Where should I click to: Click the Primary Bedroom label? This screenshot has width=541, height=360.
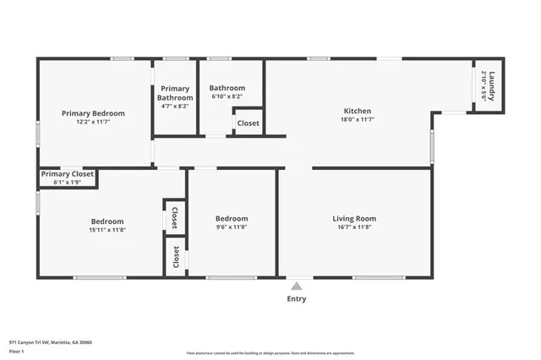[x=93, y=113]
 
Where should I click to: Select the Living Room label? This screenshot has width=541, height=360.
[x=354, y=219]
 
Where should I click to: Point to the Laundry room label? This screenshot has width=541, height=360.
[x=492, y=85]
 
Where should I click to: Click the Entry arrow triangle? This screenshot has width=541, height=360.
[x=297, y=286]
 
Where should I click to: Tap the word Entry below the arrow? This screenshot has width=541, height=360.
[x=297, y=298]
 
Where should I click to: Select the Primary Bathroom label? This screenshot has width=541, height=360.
[x=175, y=93]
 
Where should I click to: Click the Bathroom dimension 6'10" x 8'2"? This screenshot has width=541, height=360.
[x=227, y=97]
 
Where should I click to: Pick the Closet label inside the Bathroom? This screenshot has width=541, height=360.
[x=249, y=123]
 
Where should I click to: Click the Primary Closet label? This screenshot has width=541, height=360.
[x=67, y=174]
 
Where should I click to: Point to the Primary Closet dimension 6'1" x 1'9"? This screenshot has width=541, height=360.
[x=67, y=183]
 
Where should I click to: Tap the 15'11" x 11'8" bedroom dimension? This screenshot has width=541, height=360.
[x=107, y=230]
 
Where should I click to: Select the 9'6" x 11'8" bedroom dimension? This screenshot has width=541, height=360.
[x=231, y=227]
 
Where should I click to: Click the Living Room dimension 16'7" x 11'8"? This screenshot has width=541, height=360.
[x=354, y=227]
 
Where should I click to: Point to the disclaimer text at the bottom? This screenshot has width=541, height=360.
[x=270, y=353]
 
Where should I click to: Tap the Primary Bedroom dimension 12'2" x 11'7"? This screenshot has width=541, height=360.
[x=93, y=122]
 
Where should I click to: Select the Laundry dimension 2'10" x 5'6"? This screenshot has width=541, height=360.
[x=484, y=85]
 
